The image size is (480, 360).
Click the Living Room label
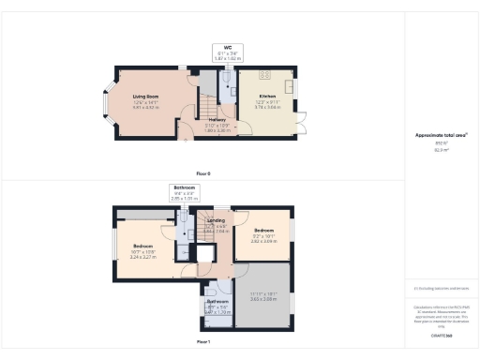point(144,96)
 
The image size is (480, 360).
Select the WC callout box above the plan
point(227,52)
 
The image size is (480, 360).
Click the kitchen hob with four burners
point(264,74)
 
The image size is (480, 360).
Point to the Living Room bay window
point(106,102)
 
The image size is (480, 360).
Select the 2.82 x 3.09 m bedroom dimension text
point(263,242)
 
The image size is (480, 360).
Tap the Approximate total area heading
point(442,135)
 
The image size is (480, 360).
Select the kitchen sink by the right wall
point(292,87)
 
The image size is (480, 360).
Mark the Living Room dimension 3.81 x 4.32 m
point(144,108)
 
